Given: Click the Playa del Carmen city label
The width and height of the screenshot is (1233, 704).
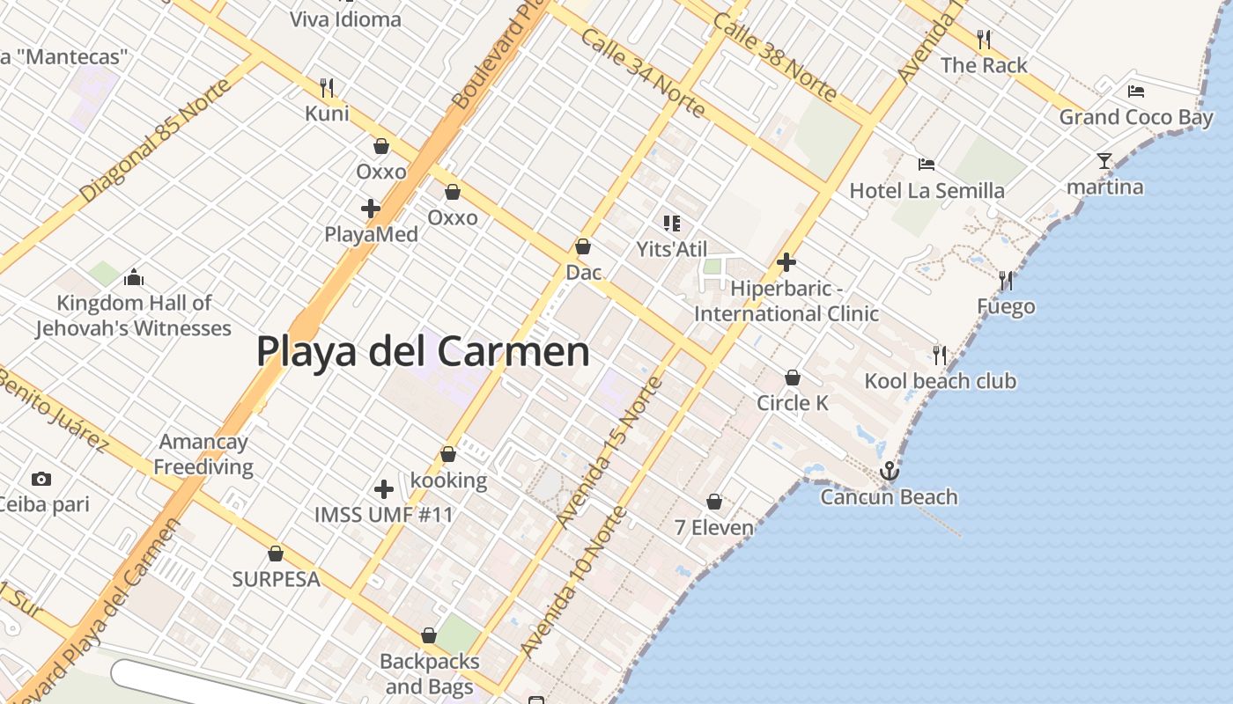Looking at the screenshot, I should coord(423,351).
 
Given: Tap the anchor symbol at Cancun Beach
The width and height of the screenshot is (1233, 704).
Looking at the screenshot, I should coord(890,472).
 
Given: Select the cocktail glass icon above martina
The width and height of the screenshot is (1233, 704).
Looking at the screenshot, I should coord(1104,161).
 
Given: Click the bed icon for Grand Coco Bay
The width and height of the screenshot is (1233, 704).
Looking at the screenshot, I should coord(1136,91).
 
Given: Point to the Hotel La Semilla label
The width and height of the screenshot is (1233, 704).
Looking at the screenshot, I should coord(927,191).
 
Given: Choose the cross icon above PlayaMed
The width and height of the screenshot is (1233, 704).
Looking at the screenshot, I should coord(371,209).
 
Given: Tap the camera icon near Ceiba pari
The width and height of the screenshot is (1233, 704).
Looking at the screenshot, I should coord(41,480).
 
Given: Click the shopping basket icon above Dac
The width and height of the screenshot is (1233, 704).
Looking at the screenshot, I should coord(583,246).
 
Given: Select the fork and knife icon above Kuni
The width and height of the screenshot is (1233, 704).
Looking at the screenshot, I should coord(327,87).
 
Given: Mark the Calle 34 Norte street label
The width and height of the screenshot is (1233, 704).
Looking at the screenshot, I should coord(642,73).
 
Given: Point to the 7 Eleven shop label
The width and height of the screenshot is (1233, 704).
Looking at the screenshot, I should coord(714,528).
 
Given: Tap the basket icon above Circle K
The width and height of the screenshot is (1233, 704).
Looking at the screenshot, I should coord(793,378).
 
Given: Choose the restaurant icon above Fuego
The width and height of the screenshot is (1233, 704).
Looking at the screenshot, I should coord(1006,281).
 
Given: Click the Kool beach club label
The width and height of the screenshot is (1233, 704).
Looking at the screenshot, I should coord(940,381).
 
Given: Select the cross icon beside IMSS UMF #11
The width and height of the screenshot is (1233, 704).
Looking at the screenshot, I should coord(384,489).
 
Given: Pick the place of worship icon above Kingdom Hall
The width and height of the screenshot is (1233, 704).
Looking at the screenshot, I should coord(134,278).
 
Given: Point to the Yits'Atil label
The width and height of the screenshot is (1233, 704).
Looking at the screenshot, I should coord(672,249).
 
